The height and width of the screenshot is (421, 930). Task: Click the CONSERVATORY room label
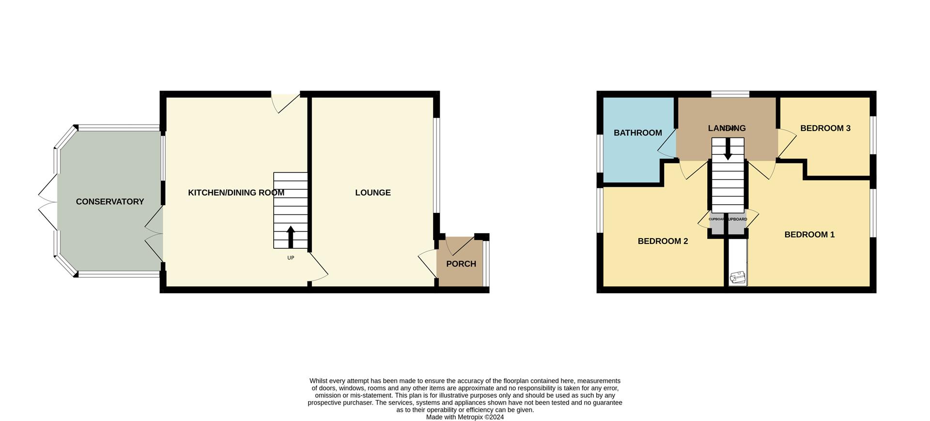click(110, 202)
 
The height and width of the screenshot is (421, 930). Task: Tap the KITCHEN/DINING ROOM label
click(236, 193)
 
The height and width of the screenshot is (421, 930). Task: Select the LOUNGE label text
click(372, 193)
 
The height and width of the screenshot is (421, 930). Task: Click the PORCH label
click(461, 264)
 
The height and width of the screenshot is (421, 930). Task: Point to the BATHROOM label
click(637, 133)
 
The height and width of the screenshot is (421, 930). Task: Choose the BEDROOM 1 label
click(809, 235)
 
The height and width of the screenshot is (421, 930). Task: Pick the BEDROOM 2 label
click(662, 241)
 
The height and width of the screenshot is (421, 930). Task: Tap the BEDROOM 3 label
click(825, 128)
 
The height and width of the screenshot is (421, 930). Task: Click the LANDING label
click(727, 128)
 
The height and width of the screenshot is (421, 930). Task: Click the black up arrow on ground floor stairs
click(291, 236)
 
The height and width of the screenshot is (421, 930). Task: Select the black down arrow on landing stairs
click(728, 150)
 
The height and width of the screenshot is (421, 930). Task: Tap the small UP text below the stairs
click(291, 258)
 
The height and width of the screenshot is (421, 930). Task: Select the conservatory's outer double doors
click(47, 202)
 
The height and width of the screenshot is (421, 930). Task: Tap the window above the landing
click(730, 94)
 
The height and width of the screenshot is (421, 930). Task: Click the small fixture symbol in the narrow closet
click(738, 277)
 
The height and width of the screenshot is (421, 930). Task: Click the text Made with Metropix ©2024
click(465, 417)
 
